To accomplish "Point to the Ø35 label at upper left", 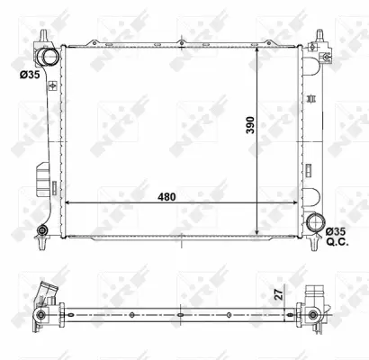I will [x=28, y=75].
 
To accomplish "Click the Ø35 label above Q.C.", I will [x=335, y=232].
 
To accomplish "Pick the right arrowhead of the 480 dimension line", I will [x=299, y=205].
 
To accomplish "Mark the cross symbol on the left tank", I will [x=52, y=86].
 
